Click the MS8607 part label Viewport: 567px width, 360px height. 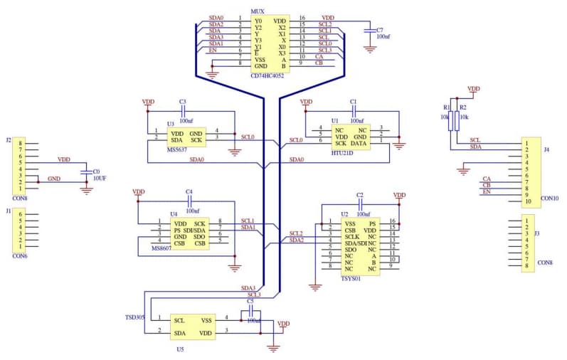(x=161, y=249)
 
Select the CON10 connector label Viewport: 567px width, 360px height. (x=550, y=198)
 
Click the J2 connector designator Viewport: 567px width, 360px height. (x=9, y=140)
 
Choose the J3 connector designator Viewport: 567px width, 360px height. (x=546, y=233)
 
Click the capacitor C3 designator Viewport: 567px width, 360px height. (x=183, y=102)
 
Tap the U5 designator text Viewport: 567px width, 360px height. (x=180, y=349)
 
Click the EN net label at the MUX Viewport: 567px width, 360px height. (x=213, y=50)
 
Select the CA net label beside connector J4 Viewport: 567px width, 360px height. (x=487, y=178)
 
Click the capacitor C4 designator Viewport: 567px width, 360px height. (x=189, y=191)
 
